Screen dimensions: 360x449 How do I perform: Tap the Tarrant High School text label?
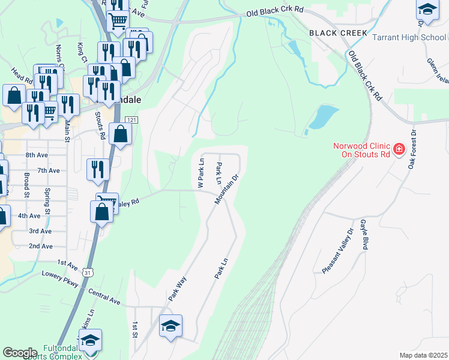click(409, 37)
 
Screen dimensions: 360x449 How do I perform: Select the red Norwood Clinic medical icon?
click(398, 149)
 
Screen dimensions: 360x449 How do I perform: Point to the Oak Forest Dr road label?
click(412, 151)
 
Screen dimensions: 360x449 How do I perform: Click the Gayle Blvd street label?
click(364, 234)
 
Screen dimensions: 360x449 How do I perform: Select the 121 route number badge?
click(133, 120)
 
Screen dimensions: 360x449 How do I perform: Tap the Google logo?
click(20, 353)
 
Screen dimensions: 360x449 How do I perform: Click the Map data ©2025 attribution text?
click(423, 355)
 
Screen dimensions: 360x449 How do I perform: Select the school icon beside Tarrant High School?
click(427, 11)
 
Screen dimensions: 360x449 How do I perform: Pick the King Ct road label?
click(81, 52)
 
